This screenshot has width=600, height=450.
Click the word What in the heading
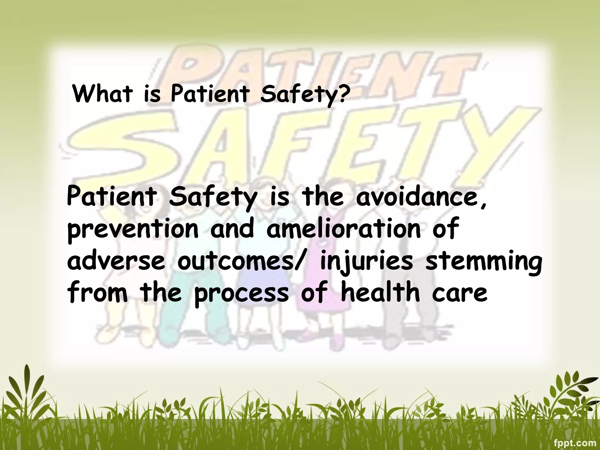[102, 93]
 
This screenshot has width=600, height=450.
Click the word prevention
[133, 230]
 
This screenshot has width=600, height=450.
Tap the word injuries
[366, 262]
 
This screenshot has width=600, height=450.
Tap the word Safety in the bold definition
[212, 198]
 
